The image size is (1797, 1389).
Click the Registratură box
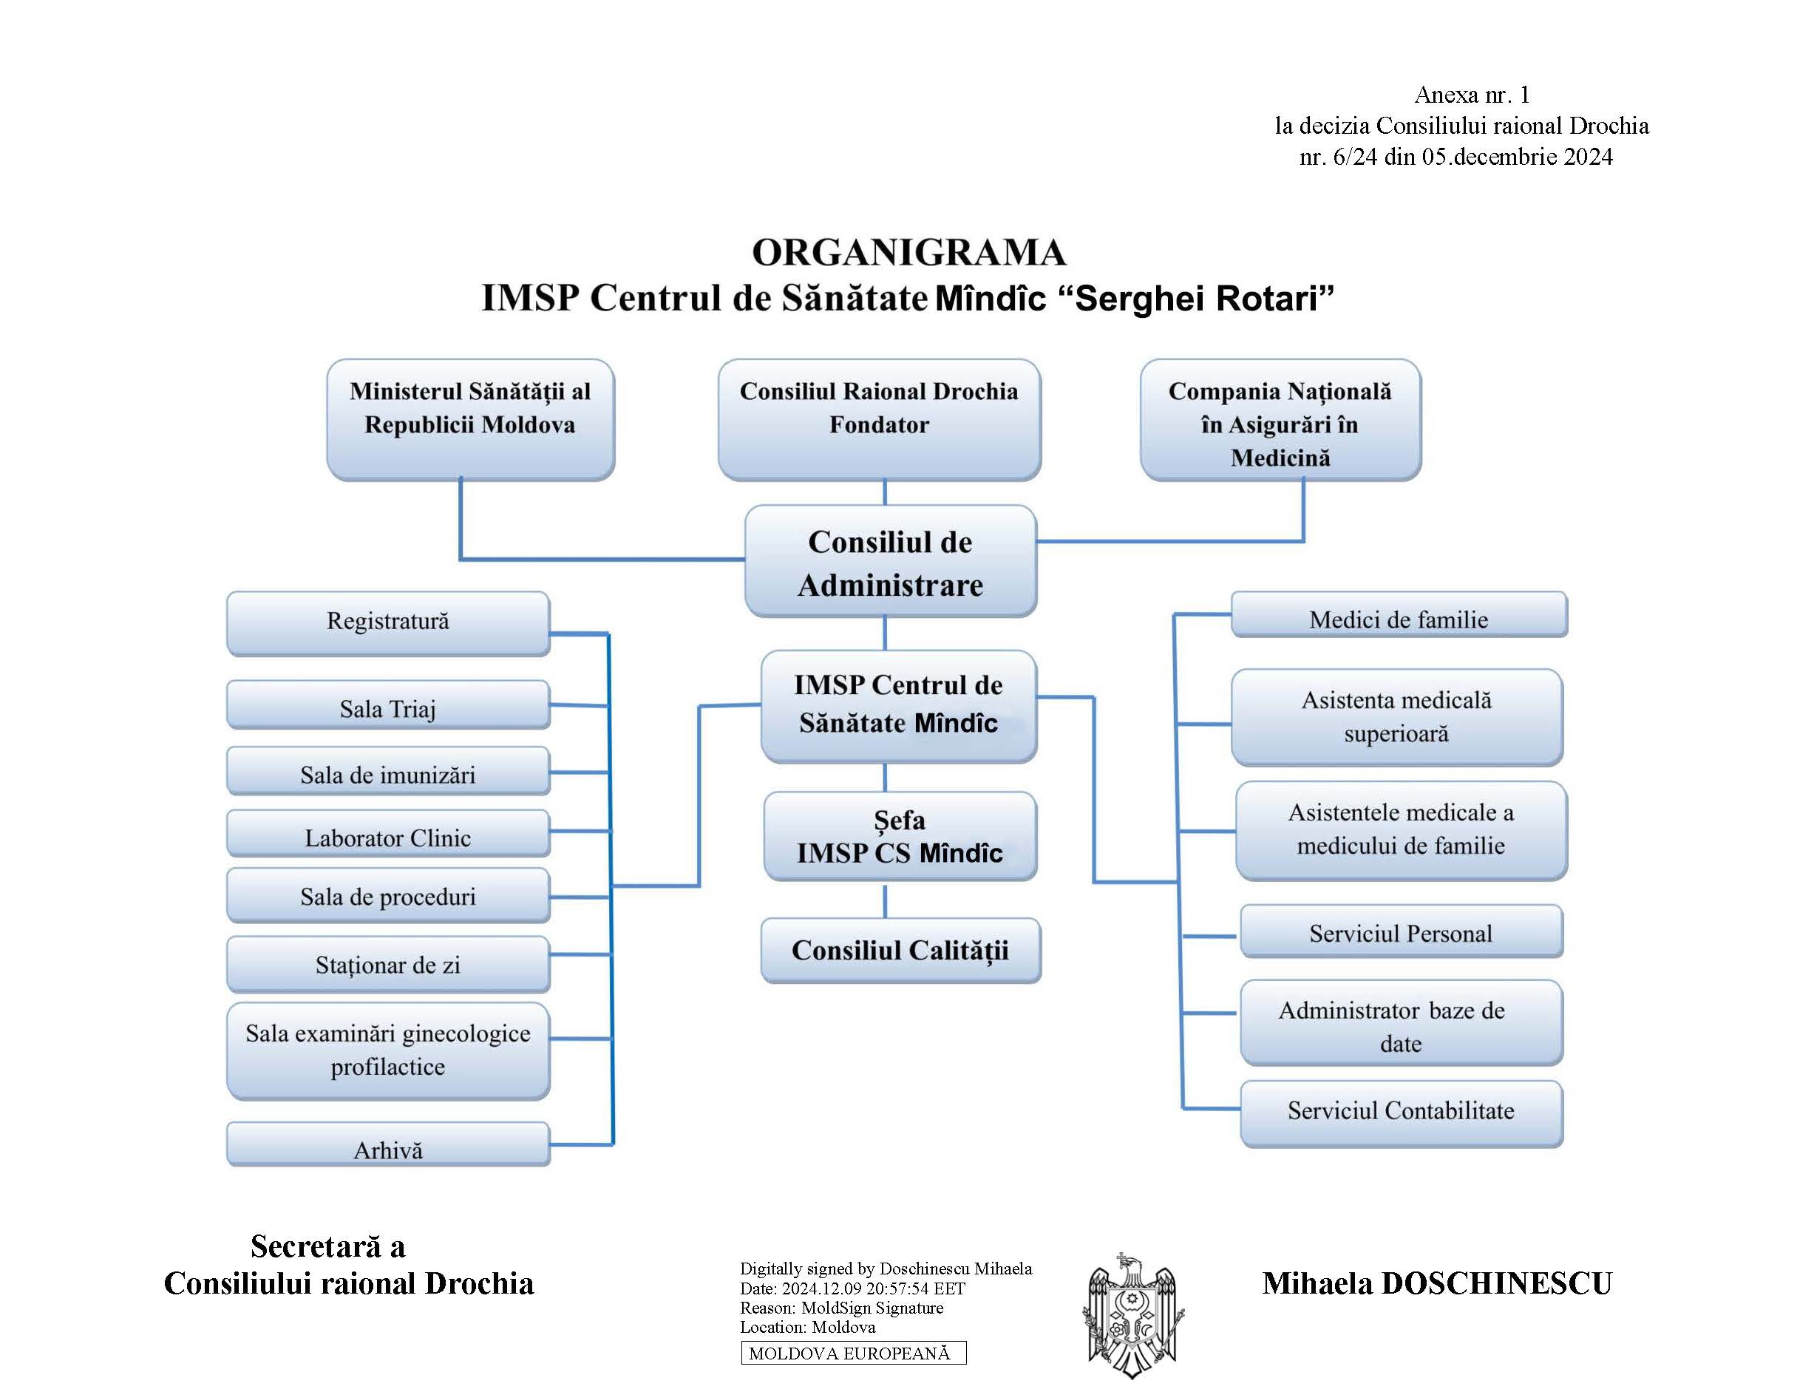click(387, 622)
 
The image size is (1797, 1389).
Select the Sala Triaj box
click(387, 705)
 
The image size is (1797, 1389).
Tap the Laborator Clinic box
click(387, 834)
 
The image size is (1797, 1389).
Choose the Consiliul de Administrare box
click(890, 562)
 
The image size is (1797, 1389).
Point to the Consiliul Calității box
click(900, 951)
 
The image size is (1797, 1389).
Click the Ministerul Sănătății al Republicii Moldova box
click(470, 419)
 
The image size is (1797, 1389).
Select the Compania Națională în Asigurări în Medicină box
click(1280, 420)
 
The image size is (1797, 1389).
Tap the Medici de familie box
click(1399, 616)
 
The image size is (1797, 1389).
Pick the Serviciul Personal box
click(1400, 931)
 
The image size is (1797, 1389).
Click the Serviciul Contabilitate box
click(1400, 1113)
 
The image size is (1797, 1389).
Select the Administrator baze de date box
click(1400, 1023)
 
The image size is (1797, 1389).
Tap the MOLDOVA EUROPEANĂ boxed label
click(853, 1353)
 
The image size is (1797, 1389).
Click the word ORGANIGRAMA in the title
click(908, 253)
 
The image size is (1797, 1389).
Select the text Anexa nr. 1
click(1471, 95)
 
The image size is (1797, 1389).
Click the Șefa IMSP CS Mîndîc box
click(900, 836)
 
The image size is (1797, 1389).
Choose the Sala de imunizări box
click(387, 771)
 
